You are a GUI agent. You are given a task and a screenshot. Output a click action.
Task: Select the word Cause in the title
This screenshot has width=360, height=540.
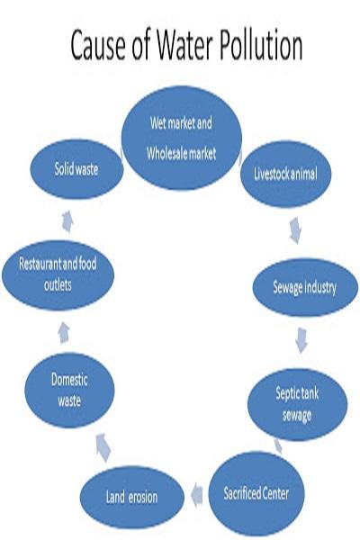(x=98, y=45)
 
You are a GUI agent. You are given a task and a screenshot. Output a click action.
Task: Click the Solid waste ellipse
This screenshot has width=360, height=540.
(x=76, y=169)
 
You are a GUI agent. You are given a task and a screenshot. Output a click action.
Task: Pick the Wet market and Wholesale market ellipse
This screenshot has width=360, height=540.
(x=182, y=138)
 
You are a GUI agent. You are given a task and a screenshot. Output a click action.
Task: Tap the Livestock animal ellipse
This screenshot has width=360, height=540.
(x=285, y=174)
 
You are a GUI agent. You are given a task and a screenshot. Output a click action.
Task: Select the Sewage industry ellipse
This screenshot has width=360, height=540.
(x=304, y=287)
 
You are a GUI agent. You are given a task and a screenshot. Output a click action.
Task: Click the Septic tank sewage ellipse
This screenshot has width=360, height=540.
(x=297, y=404)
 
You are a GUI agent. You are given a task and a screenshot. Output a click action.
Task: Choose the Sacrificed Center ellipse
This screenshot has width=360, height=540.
(x=256, y=493)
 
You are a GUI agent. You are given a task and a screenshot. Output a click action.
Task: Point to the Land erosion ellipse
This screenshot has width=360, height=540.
(x=132, y=497)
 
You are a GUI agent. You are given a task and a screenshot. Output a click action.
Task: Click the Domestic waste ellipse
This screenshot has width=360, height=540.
(x=69, y=391)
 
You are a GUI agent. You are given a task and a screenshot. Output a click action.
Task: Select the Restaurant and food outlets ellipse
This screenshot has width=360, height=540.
(x=58, y=274)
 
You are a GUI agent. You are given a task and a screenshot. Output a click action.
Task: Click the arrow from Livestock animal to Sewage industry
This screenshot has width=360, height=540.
(x=295, y=230)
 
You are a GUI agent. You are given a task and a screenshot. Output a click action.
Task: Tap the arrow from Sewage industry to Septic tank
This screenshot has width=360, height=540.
(x=301, y=340)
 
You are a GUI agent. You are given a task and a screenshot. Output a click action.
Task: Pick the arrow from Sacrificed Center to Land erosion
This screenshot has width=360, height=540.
(x=197, y=495)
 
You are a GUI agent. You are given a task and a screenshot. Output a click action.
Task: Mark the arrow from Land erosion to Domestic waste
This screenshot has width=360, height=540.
(x=103, y=447)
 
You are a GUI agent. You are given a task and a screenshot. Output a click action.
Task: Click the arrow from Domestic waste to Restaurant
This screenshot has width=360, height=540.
(x=64, y=333)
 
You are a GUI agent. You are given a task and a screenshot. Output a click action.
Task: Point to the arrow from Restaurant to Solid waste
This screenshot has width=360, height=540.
(x=67, y=221)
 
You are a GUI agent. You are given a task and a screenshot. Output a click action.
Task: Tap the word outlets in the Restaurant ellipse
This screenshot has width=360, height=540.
(x=58, y=285)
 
